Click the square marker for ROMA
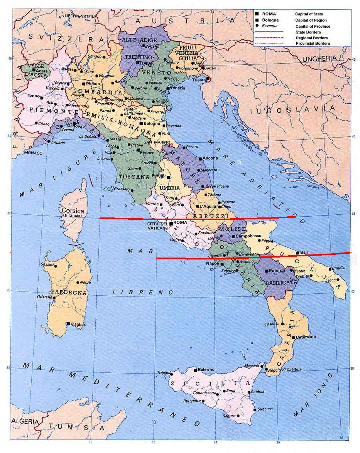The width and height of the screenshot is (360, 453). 171,223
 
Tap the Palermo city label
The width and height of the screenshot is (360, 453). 206,369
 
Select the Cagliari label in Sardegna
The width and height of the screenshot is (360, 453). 78,325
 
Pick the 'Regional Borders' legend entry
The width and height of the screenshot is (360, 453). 311,38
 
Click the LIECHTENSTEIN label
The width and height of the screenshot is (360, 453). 79,17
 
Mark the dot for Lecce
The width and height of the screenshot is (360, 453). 338,280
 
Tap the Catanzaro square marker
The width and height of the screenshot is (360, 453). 294,337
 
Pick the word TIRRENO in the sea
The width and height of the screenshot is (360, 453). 138,293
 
